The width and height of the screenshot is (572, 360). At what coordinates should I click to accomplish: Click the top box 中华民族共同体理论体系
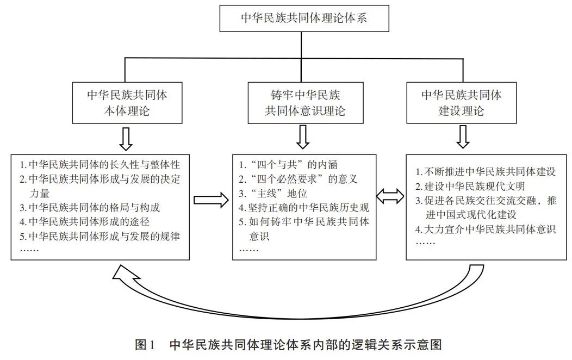pos(304,17)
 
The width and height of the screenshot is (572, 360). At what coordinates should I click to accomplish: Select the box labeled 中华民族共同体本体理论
pos(127,102)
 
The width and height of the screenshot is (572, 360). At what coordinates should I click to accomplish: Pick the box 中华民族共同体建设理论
pos(462,102)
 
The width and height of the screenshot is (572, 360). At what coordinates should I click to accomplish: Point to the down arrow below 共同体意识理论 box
pos(303,138)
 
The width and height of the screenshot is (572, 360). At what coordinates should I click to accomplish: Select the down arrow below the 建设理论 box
pos(462,138)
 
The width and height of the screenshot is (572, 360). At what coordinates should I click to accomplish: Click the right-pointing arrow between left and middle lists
pos(211,200)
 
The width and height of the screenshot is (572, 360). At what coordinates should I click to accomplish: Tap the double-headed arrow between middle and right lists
pos(391,197)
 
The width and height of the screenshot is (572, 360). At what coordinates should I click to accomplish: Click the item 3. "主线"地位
pos(273,193)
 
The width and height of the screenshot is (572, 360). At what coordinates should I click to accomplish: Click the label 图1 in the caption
pos(145,345)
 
